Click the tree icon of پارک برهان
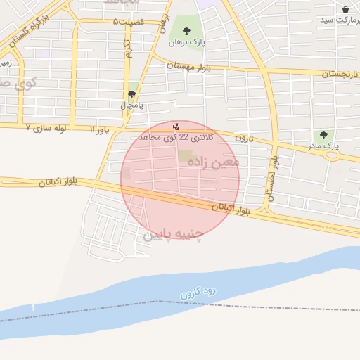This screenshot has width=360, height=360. click(x=186, y=30)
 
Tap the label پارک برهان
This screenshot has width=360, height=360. click(x=187, y=42)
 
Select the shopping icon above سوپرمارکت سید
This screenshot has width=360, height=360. click(x=346, y=8)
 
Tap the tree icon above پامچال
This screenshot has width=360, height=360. click(x=132, y=94)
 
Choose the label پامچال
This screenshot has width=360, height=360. click(x=131, y=105)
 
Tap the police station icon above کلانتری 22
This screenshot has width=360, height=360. click(x=176, y=127)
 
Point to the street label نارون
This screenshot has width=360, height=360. click(x=243, y=138)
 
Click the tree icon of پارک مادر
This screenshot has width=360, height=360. click(x=323, y=135)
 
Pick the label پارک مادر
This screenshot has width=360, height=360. click(x=323, y=146)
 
